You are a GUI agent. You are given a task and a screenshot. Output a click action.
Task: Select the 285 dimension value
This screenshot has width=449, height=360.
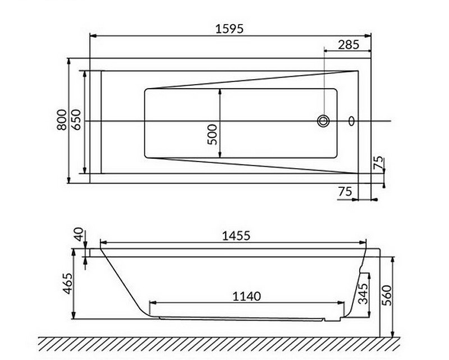[349, 45]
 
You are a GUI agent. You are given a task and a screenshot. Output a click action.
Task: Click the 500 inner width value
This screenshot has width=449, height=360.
[212, 135]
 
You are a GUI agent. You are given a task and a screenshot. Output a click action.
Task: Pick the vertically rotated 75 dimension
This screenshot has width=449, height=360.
[378, 163]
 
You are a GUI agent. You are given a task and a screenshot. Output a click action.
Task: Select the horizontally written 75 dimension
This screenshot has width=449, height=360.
[346, 191]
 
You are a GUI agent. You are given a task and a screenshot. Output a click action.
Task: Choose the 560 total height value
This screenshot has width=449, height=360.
[386, 294]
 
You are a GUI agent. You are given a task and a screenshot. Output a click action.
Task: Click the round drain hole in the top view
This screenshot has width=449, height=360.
[324, 121]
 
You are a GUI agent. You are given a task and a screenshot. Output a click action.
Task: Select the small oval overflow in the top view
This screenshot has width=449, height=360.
[352, 121]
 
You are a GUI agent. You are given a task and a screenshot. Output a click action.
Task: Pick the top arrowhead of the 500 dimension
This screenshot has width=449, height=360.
[219, 91]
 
